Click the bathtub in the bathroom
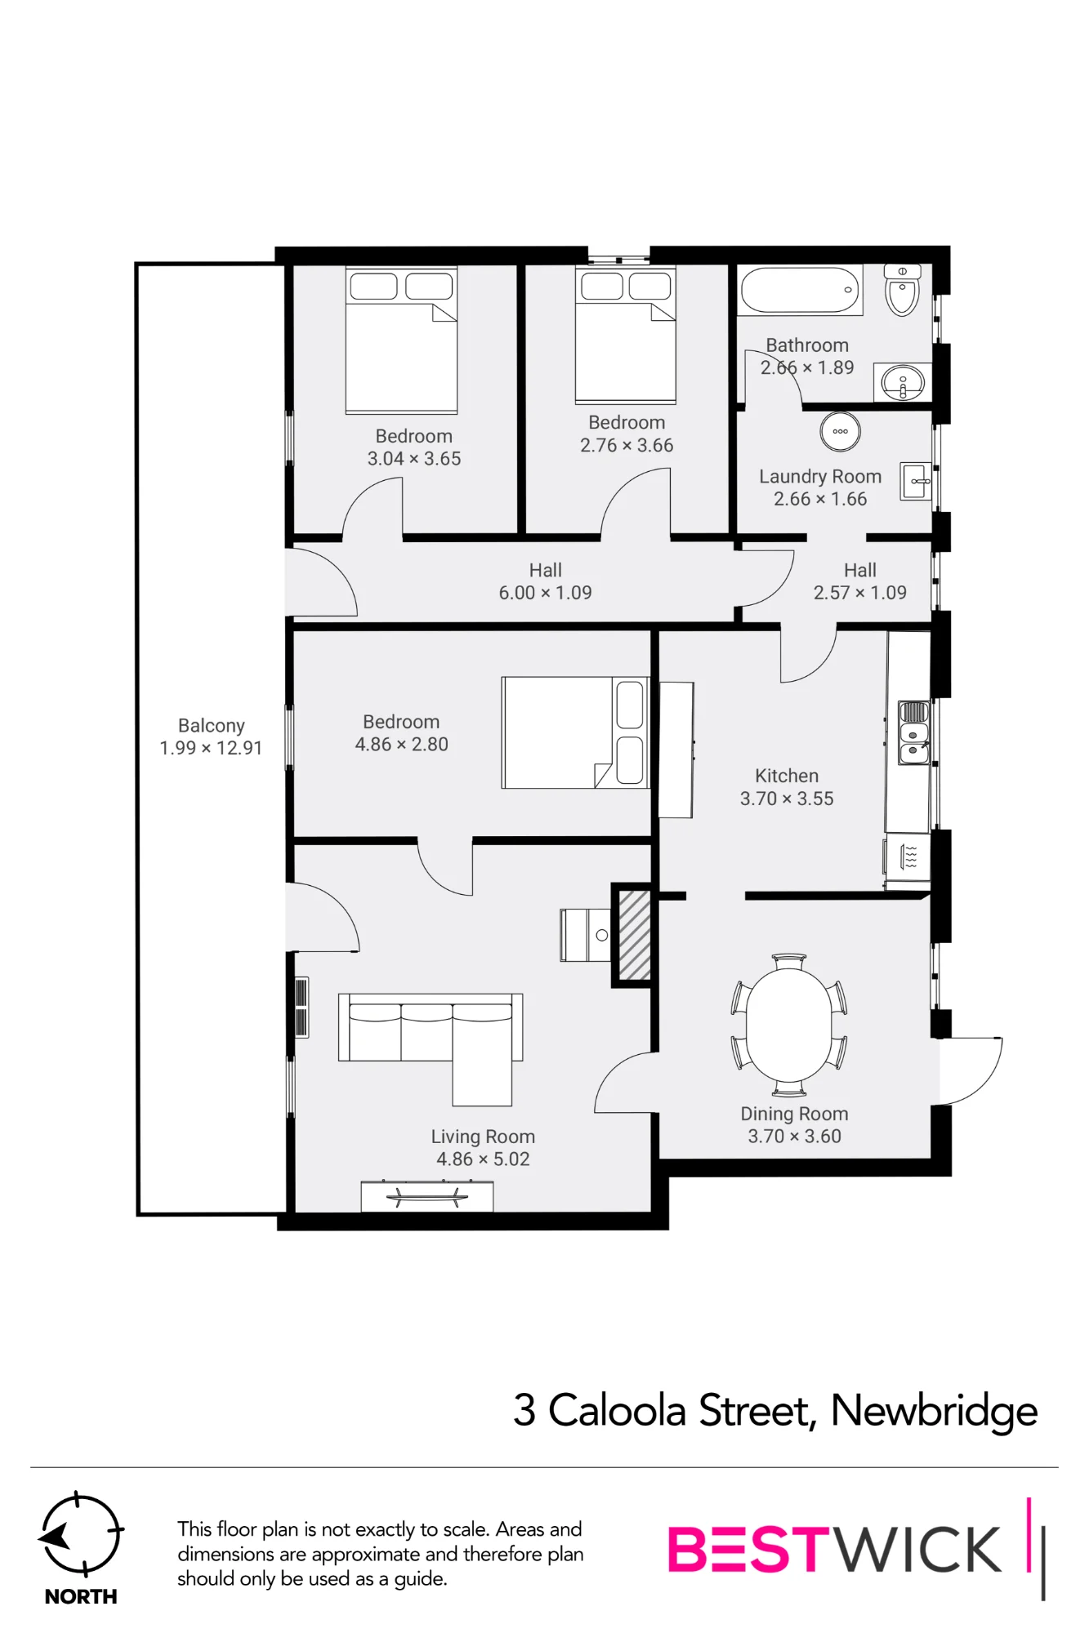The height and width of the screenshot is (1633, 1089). (801, 290)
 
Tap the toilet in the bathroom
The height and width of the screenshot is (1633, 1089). (902, 290)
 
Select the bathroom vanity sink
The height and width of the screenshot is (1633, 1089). (902, 382)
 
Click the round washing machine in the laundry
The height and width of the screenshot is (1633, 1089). (840, 431)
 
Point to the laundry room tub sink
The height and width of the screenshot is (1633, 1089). (916, 481)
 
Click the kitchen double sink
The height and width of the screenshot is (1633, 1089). (913, 732)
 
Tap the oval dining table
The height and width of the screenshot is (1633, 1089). (789, 1025)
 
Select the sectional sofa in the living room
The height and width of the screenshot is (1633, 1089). (431, 1041)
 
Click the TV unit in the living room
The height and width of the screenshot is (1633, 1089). (427, 1196)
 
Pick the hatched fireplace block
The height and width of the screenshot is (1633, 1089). (634, 935)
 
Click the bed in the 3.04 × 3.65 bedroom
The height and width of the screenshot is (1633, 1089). (401, 340)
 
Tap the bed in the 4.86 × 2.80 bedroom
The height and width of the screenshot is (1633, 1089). (575, 732)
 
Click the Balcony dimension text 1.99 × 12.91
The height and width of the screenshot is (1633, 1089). (211, 748)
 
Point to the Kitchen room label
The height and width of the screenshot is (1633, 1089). (787, 776)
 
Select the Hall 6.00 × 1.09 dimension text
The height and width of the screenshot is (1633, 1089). (546, 593)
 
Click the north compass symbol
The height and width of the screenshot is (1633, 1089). (81, 1535)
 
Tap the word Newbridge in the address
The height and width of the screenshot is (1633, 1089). (935, 1411)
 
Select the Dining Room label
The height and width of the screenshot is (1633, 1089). (794, 1114)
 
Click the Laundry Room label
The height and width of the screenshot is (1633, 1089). (820, 476)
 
